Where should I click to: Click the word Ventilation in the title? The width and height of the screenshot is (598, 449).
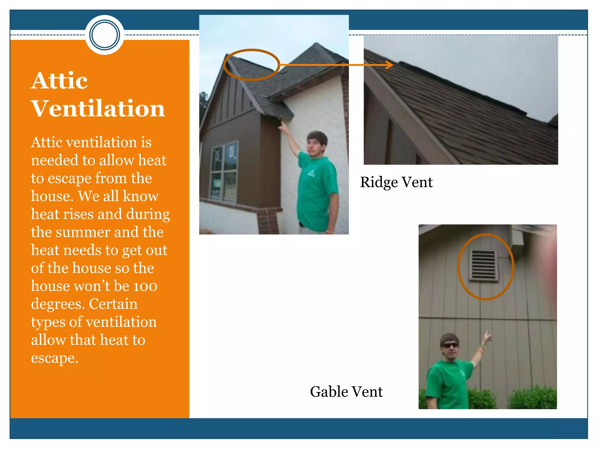tap(98, 108)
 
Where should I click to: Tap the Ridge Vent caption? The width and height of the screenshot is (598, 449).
tap(396, 182)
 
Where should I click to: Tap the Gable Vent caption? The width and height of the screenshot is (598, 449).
tap(346, 391)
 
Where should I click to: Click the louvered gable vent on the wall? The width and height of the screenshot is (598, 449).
tap(483, 265)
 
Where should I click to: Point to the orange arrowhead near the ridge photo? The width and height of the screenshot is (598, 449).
tap(390, 65)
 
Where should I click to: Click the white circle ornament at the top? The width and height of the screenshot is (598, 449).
tap(105, 35)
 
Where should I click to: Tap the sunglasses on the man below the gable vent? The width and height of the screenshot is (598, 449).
tap(451, 346)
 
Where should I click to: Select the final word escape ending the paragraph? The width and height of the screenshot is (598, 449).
tap(55, 358)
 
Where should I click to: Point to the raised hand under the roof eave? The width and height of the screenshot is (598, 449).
tap(283, 126)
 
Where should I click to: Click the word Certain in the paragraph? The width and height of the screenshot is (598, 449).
tap(113, 304)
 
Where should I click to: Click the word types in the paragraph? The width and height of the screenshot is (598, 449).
tap(48, 322)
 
